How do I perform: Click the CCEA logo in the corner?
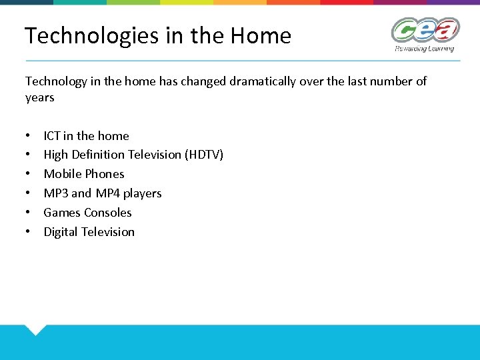pos(425,31)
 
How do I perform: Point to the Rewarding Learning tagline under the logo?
pos(424,49)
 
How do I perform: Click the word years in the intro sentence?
pos(40,98)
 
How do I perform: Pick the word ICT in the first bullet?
pos(52,136)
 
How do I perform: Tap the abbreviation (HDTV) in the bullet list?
pos(203,155)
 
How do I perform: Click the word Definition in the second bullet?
pos(102,155)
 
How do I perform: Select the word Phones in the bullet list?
pos(105,174)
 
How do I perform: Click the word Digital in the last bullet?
pos(61,232)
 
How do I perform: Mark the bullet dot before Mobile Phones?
pos(29,175)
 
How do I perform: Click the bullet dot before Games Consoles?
pos(29,213)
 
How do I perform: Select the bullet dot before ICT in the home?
pos(29,137)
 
